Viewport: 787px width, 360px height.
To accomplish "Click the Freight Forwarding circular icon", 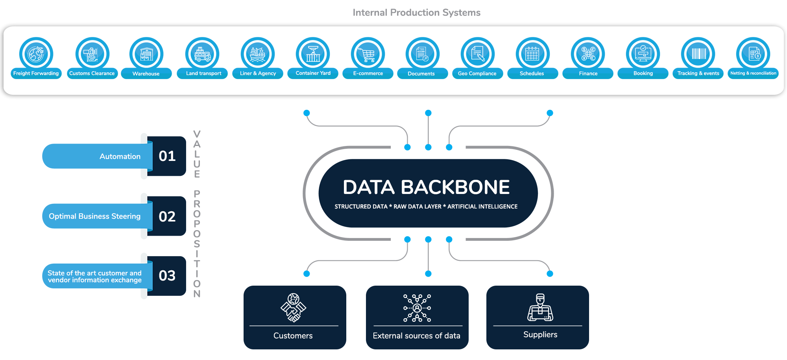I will coord(36,54).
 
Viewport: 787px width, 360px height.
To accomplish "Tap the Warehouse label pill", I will coord(146,74).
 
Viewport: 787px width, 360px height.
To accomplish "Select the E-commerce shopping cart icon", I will coord(368,54).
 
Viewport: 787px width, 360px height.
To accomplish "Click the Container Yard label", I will coord(313,73).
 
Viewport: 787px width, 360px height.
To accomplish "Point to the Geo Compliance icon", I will coord(477,54).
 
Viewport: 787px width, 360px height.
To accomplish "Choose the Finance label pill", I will coord(588,74).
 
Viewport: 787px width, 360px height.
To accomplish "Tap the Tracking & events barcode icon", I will coord(698,54).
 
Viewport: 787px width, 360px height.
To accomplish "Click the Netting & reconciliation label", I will coord(753,73).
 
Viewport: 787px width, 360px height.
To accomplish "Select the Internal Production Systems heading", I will coord(416,13).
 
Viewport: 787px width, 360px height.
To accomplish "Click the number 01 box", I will coord(167,156).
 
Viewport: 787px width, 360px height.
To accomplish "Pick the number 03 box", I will coord(167,276).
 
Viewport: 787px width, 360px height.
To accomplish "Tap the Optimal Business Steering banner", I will coord(95,216).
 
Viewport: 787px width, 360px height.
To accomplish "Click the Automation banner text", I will coord(120,157).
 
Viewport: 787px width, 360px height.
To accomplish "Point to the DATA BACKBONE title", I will coord(426,187).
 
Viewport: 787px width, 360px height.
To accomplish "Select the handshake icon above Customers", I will coord(293,308).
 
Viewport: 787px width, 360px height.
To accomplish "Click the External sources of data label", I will coord(416,336).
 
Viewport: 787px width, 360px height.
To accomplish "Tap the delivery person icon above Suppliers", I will coord(540,308).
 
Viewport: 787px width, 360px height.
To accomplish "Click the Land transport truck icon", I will coord(203,54).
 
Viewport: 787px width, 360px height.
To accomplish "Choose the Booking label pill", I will coord(643,74).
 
